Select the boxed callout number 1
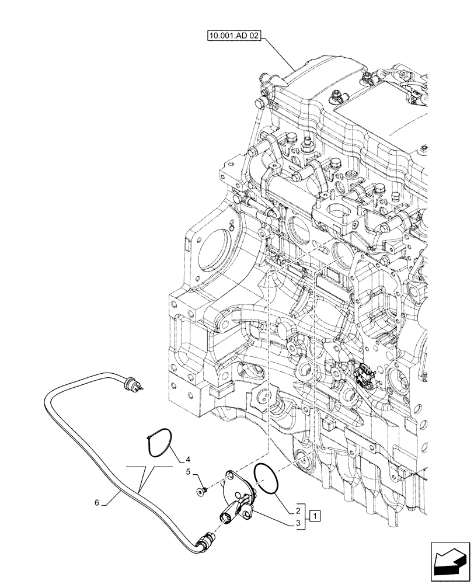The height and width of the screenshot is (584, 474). click(315, 515)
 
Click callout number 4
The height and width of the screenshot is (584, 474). click(189, 460)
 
